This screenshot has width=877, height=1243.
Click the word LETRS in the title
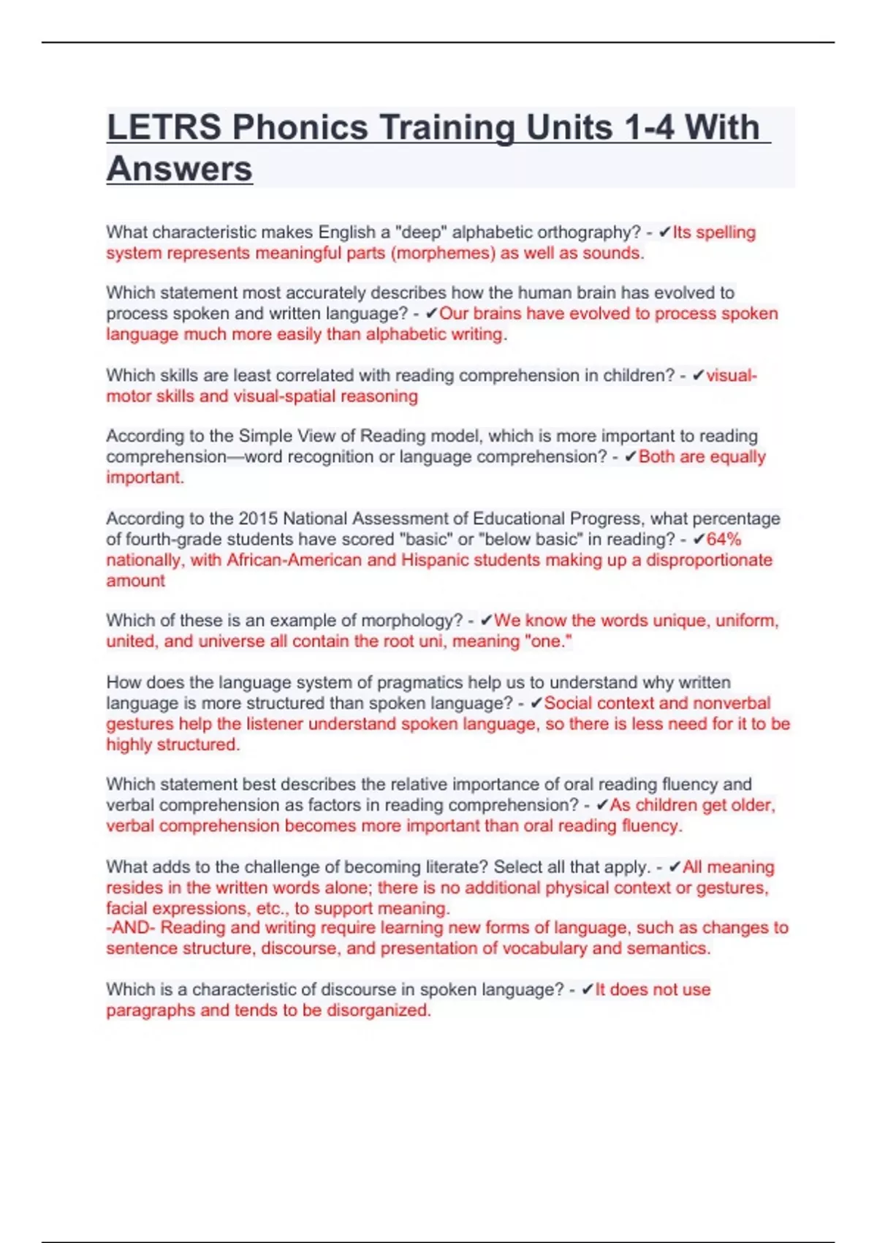tap(164, 127)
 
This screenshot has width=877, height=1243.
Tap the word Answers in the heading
tap(180, 169)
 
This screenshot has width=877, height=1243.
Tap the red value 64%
tap(724, 540)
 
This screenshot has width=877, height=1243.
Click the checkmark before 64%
tap(699, 540)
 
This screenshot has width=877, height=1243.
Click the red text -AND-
tap(131, 928)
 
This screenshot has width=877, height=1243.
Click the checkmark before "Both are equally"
tap(631, 457)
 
